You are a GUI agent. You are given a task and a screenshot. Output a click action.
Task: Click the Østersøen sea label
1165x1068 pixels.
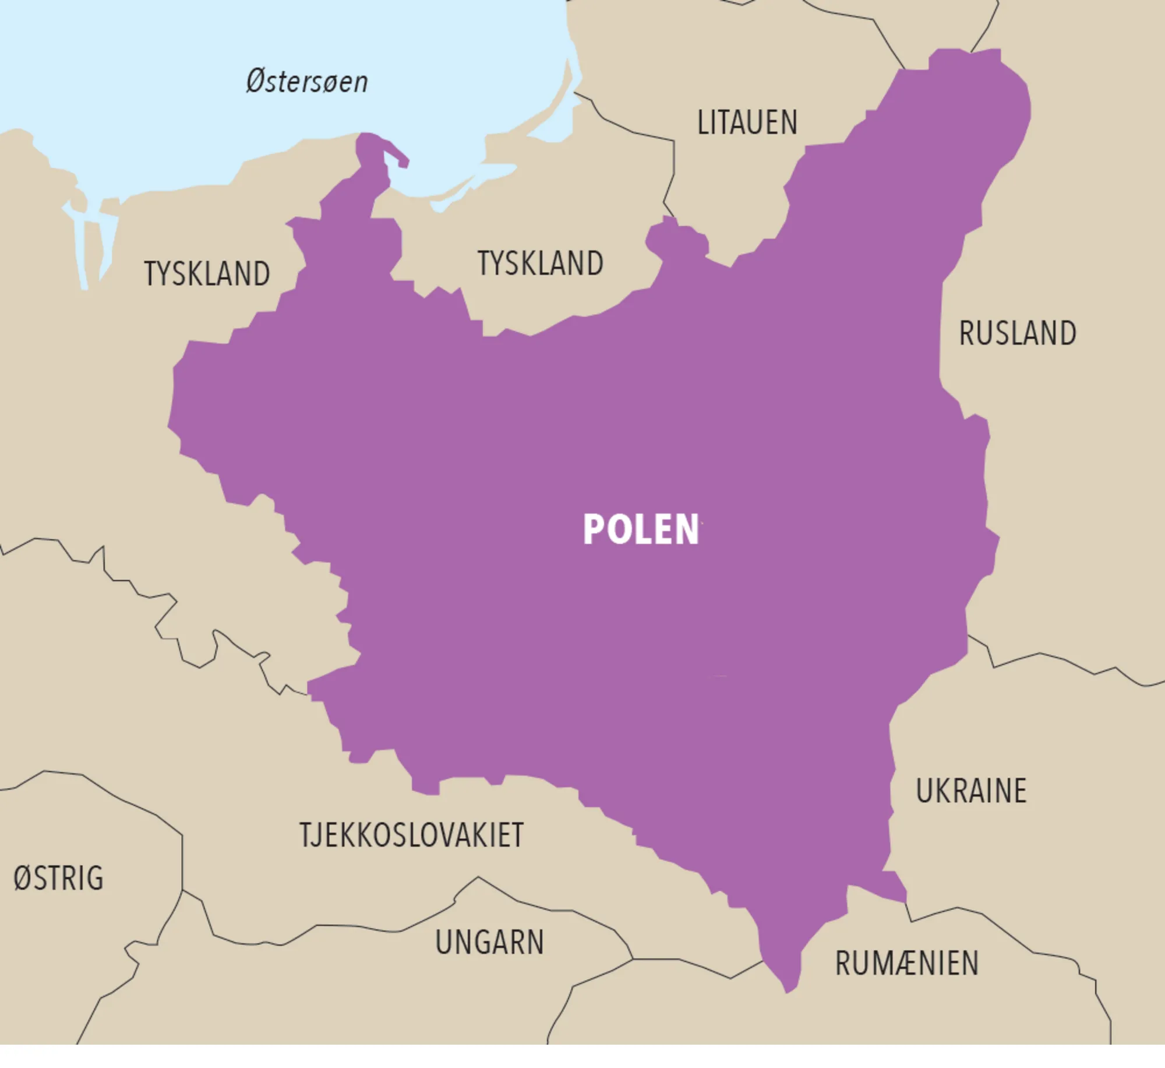(x=307, y=82)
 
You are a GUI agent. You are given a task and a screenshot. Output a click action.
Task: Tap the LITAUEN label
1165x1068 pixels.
(x=747, y=123)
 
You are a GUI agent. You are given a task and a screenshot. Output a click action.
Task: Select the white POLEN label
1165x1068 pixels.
(x=641, y=529)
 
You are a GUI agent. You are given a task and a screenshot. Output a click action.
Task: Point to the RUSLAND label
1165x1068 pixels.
(x=1018, y=333)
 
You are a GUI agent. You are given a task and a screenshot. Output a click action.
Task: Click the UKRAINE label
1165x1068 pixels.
(x=971, y=791)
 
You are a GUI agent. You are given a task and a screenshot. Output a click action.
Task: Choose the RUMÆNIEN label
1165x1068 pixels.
(x=907, y=963)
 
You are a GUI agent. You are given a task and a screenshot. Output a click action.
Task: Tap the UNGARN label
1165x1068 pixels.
(x=489, y=943)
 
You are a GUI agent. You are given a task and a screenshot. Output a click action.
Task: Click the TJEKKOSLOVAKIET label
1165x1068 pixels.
(x=412, y=835)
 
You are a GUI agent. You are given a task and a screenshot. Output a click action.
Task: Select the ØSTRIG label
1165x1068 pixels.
(x=58, y=879)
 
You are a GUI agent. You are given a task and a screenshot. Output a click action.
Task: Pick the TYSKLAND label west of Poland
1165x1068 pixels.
(x=207, y=274)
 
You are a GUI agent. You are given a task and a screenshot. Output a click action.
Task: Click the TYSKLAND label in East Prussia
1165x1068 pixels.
(x=541, y=264)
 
